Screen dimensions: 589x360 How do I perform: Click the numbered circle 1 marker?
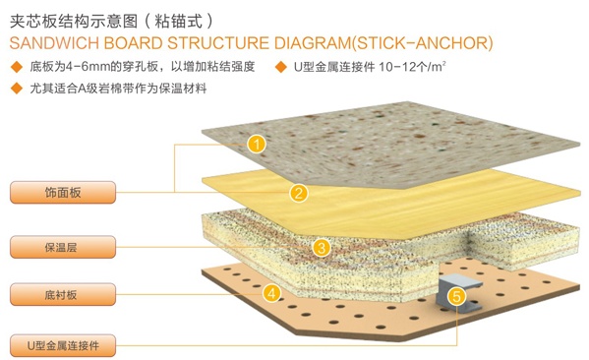tap(257, 145)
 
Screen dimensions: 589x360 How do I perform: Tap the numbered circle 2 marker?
tap(299, 193)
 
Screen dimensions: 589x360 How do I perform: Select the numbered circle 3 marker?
tap(322, 248)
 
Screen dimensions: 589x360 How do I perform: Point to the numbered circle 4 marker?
tap(272, 293)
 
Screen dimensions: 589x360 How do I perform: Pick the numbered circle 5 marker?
tap(457, 296)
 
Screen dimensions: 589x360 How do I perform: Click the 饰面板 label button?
tap(63, 193)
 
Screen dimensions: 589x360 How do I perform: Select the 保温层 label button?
tap(63, 247)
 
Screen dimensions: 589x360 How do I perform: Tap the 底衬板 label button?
tap(63, 294)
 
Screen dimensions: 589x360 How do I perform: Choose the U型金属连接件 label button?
tap(63, 345)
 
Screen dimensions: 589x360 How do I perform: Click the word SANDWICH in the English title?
tap(54, 43)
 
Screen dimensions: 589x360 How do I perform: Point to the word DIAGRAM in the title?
tap(313, 43)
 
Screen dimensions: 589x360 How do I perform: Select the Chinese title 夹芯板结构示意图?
tap(74, 21)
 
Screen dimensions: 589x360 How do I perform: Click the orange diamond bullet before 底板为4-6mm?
tap(17, 67)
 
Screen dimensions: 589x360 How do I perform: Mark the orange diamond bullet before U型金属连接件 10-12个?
tap(280, 67)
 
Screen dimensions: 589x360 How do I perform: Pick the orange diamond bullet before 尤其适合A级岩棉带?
tap(17, 89)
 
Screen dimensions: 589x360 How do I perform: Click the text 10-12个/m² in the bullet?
tap(412, 67)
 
